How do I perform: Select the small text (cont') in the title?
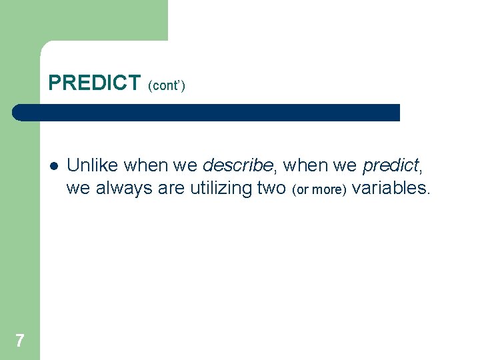point(167,85)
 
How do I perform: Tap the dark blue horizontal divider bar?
point(207,113)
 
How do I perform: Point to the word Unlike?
point(93,165)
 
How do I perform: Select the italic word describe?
point(237,165)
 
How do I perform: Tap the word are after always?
point(172,189)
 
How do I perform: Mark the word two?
point(272,189)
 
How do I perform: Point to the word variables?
point(391,189)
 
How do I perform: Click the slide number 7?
point(20,341)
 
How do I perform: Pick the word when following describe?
point(304,165)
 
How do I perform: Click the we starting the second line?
point(78,189)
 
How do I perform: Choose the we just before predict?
point(345,165)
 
